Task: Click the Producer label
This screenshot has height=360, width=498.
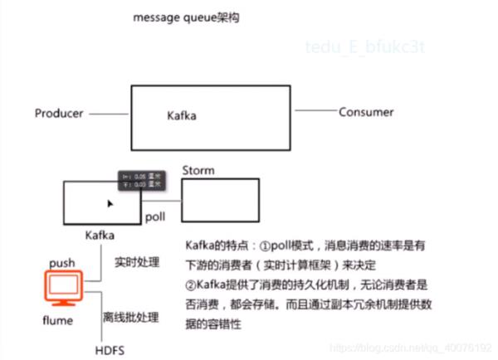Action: [x=59, y=113]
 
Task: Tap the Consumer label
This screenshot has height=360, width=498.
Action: [x=366, y=112]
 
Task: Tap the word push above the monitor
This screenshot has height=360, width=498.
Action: [x=62, y=263]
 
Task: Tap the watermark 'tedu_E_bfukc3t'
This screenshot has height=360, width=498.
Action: [x=364, y=46]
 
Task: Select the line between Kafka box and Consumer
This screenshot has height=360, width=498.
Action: [x=316, y=110]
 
